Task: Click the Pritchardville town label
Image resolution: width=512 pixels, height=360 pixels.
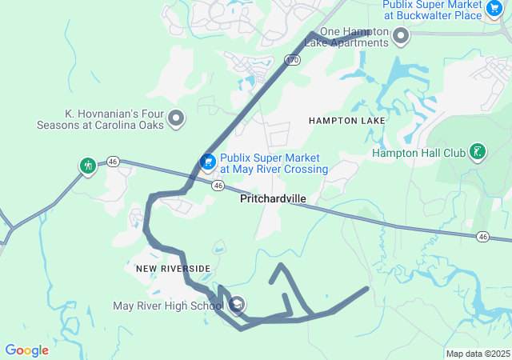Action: click(273, 199)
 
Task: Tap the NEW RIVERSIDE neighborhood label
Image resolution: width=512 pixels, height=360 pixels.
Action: click(173, 268)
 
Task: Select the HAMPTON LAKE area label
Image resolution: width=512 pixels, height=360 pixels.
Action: click(346, 120)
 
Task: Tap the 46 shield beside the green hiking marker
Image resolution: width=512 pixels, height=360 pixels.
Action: click(114, 162)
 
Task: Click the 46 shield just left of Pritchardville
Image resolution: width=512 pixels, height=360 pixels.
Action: click(218, 185)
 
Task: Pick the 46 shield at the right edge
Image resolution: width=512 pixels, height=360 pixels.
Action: click(482, 236)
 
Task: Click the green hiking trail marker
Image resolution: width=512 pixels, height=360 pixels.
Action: click(87, 166)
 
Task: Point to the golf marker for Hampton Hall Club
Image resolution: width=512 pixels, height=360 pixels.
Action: click(478, 152)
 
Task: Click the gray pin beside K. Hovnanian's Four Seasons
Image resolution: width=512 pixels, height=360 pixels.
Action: click(177, 119)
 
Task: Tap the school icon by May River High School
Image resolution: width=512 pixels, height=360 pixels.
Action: click(238, 305)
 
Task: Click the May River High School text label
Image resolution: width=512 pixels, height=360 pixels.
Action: click(168, 306)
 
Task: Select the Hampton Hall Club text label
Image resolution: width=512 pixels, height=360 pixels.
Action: click(418, 153)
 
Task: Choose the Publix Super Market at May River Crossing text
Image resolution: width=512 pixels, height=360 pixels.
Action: click(274, 164)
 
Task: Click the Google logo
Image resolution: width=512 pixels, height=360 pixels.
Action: click(26, 350)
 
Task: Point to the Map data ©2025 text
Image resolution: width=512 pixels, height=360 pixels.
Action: click(478, 354)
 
